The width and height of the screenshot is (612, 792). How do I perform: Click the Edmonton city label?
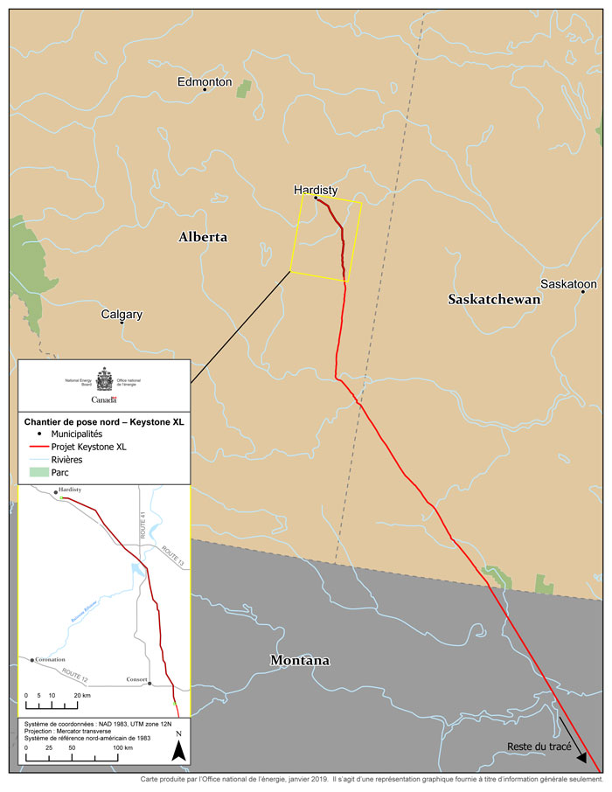pos(205,81)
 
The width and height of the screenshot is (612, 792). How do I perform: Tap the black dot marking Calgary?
pos(122,323)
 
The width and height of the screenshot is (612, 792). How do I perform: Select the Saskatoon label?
pos(568,284)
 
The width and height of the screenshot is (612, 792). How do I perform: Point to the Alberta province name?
pos(203,237)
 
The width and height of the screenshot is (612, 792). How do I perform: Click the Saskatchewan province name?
pos(494,299)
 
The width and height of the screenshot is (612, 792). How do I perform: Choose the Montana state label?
pos(299,660)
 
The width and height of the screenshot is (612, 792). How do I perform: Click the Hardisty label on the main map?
pos(316,189)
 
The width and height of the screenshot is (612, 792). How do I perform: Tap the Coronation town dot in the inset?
pos(31,660)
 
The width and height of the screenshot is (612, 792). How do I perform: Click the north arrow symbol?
pos(178,749)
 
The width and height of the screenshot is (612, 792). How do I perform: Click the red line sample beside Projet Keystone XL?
pos(38,446)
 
